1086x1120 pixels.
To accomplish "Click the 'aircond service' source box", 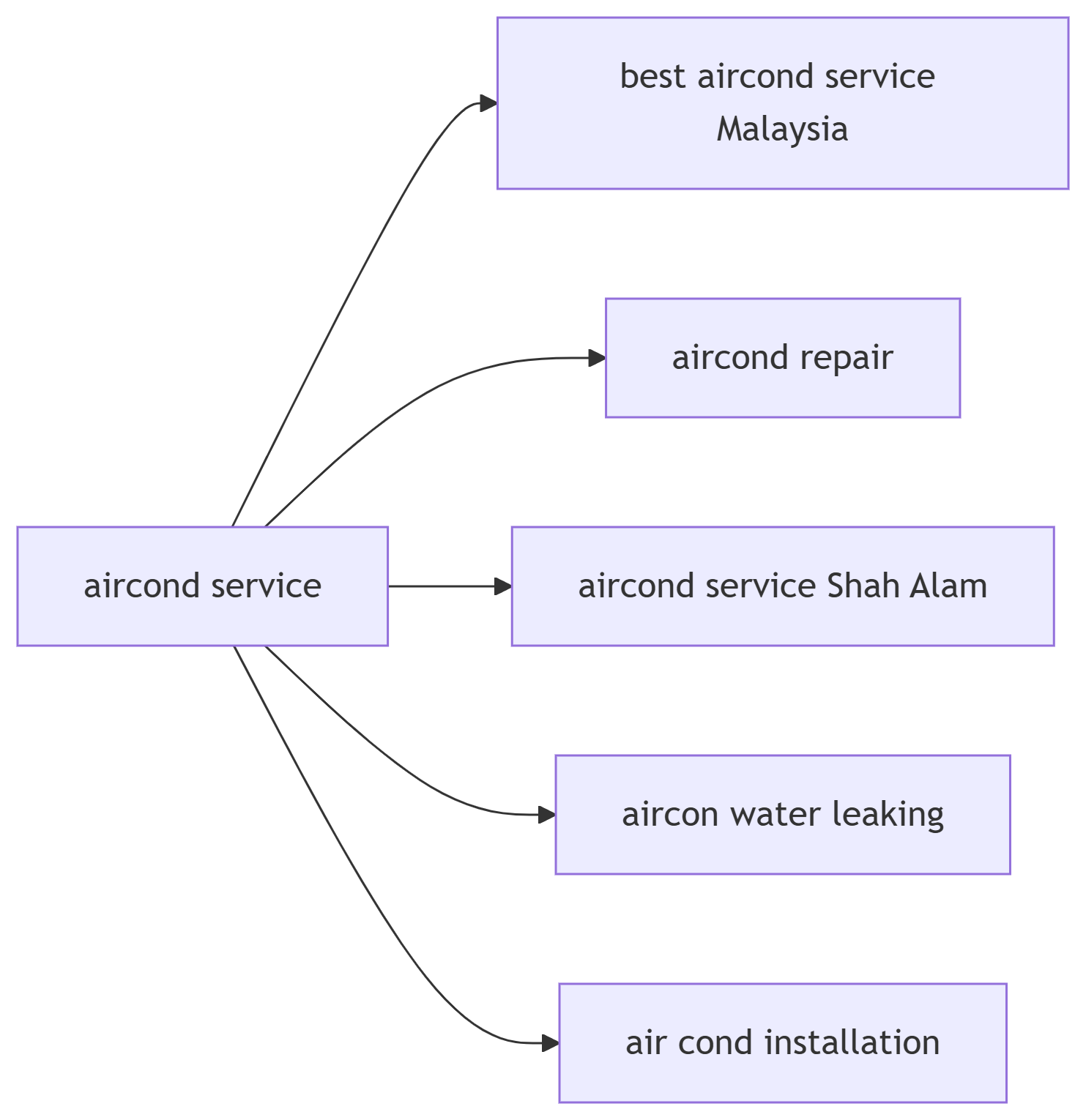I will (x=202, y=586).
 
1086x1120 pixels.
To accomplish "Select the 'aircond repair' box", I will (x=782, y=358).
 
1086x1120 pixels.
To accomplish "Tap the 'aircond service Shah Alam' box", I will (x=782, y=586).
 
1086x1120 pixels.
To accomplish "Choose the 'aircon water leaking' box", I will (x=782, y=814).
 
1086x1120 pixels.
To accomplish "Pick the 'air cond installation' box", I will (x=782, y=1042).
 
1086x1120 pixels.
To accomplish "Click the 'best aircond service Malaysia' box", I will (x=782, y=103).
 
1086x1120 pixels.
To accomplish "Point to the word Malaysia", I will (x=782, y=130).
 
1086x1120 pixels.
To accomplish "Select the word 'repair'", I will (x=847, y=358).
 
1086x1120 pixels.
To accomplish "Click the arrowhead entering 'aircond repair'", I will (x=598, y=358).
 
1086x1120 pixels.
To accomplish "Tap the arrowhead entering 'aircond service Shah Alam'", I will (x=503, y=586).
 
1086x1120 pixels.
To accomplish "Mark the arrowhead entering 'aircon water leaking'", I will (x=547, y=814).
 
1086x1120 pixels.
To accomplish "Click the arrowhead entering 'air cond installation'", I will (x=551, y=1042).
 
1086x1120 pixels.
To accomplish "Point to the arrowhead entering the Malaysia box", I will (x=488, y=103).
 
